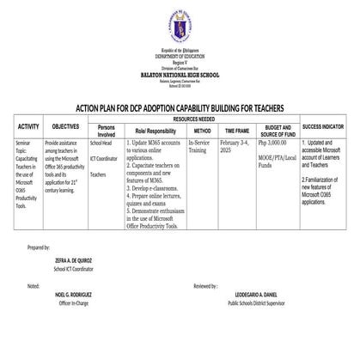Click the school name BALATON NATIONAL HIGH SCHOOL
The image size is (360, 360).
[x=180, y=76]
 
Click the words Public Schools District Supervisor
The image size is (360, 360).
[x=263, y=302]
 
